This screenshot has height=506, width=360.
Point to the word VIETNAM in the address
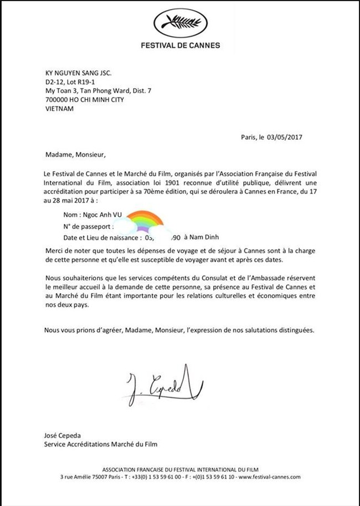point(58,109)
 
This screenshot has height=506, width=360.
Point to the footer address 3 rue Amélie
point(78,477)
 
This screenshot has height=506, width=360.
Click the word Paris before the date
point(249,137)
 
